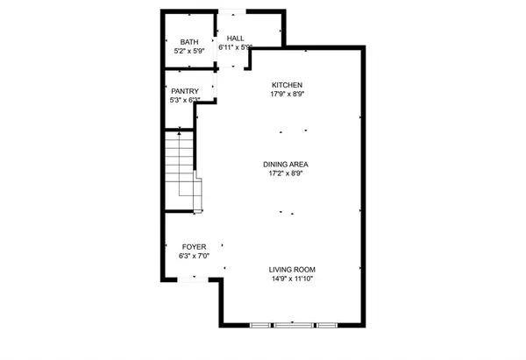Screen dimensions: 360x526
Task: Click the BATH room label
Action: (189, 42)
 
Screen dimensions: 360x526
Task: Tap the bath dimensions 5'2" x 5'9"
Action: (189, 51)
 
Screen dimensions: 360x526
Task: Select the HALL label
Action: (236, 39)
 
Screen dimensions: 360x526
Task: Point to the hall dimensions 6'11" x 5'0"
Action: (236, 48)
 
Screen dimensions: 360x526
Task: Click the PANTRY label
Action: (184, 91)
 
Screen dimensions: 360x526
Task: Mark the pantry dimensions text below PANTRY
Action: (184, 101)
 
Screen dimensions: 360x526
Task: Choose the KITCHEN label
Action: (287, 84)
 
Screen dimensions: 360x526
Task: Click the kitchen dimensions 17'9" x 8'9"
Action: (287, 94)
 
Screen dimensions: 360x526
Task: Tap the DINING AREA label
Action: (287, 164)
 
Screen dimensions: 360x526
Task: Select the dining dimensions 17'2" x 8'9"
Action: (287, 173)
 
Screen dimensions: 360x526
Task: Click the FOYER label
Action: (195, 247)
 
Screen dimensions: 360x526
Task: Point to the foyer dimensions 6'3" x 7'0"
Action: (195, 257)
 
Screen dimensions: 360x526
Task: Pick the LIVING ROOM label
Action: (292, 269)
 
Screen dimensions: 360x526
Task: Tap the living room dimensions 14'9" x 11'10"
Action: (292, 279)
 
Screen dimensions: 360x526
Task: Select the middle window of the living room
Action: (293, 325)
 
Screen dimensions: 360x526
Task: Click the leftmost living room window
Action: (260, 325)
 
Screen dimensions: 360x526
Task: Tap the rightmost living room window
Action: (326, 325)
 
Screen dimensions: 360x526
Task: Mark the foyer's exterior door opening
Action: (193, 279)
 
